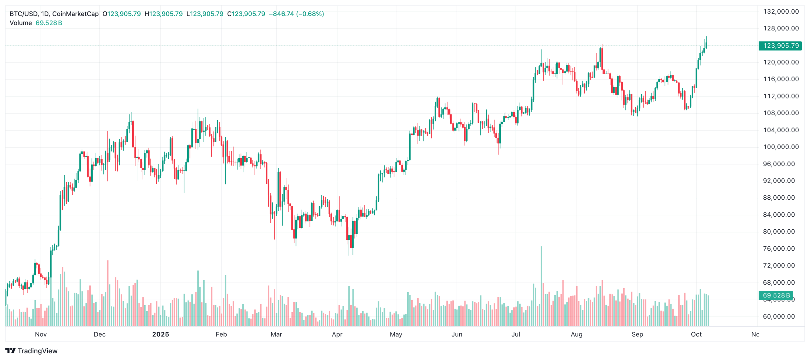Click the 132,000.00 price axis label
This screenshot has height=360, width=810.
[781, 12]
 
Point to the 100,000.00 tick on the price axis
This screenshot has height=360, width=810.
[781, 147]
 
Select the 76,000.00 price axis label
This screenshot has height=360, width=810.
[779, 249]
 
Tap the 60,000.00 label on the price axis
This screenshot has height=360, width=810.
[779, 316]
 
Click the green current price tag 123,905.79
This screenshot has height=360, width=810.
[780, 46]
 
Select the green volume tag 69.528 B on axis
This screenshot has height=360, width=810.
[776, 295]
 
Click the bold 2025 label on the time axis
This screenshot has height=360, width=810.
[160, 334]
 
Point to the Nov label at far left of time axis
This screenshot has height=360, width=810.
[41, 334]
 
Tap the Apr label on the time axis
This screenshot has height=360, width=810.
[337, 334]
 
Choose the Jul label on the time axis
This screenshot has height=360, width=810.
[516, 334]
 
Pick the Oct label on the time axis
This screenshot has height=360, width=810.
[696, 334]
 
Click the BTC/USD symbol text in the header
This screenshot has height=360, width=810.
[24, 14]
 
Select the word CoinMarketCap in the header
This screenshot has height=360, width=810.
[75, 14]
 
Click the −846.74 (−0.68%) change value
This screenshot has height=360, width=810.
[296, 14]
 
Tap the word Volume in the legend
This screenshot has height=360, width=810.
[21, 23]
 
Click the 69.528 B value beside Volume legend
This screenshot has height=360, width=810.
[49, 23]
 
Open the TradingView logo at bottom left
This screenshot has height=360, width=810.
[31, 351]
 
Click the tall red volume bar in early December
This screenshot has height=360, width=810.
[108, 293]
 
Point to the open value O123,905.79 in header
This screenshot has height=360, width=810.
[121, 14]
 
